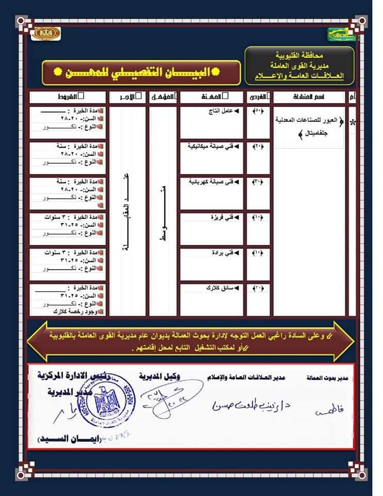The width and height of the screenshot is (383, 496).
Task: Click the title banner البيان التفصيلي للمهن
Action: tap(140, 72)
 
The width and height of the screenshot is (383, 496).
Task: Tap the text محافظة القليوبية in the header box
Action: tap(299, 54)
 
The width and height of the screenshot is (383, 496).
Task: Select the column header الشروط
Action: tap(67, 97)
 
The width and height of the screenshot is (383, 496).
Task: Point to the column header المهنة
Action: tap(212, 97)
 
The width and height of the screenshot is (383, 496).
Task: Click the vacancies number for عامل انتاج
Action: tap(258, 111)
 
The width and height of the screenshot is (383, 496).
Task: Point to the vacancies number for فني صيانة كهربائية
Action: tap(258, 182)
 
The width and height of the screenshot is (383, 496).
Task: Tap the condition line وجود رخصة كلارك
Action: tap(72, 312)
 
